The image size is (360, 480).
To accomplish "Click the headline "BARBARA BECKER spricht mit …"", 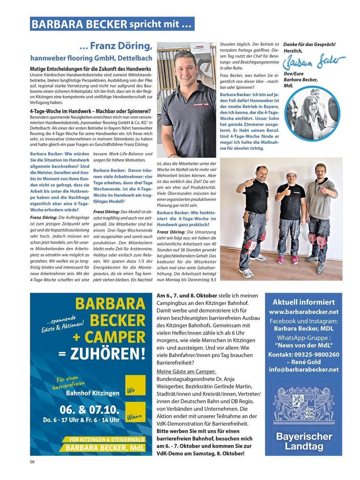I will (x=112, y=24).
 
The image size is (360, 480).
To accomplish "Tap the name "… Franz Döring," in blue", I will (x=116, y=46).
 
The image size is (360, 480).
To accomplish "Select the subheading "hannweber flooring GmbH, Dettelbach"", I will (x=91, y=58).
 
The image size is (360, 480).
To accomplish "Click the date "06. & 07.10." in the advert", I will (x=84, y=410).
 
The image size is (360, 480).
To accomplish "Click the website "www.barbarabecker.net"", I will (x=303, y=312).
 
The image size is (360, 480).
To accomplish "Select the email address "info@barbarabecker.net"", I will (x=303, y=369).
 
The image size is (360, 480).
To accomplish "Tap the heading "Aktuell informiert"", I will (x=303, y=302).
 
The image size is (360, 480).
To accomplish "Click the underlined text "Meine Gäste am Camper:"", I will (x=186, y=371).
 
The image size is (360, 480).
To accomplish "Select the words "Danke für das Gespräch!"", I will (x=309, y=44).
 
